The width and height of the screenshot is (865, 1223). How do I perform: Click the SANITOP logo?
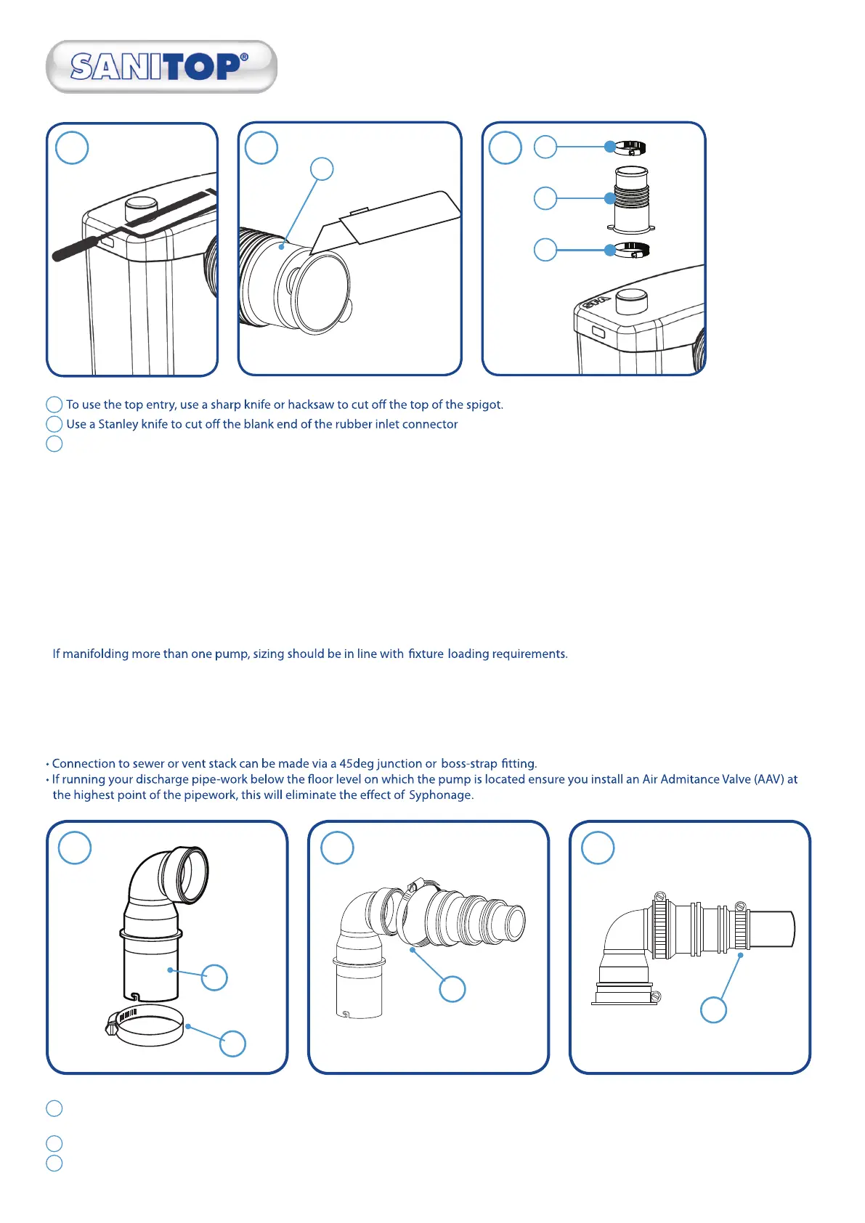(161, 67)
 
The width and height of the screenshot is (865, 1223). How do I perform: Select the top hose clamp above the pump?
(630, 148)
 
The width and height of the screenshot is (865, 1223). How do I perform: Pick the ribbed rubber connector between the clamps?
(632, 198)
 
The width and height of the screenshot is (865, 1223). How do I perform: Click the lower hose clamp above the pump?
(631, 250)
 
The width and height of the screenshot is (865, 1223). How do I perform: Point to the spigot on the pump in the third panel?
(630, 299)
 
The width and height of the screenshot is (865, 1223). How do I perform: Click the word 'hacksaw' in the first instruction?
(310, 405)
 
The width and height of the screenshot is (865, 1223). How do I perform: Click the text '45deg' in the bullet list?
(356, 764)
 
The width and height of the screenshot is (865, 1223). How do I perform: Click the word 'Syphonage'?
(440, 795)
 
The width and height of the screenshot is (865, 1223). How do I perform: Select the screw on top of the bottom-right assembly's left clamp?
(660, 898)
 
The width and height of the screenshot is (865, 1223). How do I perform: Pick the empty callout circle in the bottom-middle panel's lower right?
(452, 989)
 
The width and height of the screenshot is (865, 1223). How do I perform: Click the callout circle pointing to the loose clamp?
(232, 1044)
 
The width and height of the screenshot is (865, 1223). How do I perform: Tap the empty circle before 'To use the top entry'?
(54, 405)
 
